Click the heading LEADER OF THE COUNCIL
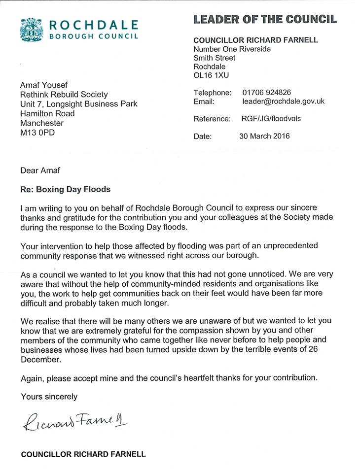(x=265, y=19)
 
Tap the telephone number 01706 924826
(x=266, y=93)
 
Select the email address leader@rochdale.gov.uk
(x=283, y=102)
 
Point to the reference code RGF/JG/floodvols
(x=271, y=119)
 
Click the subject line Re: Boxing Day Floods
(x=66, y=189)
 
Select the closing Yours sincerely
(x=49, y=396)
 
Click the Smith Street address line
(x=215, y=58)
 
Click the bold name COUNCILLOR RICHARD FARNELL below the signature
(x=83, y=454)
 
